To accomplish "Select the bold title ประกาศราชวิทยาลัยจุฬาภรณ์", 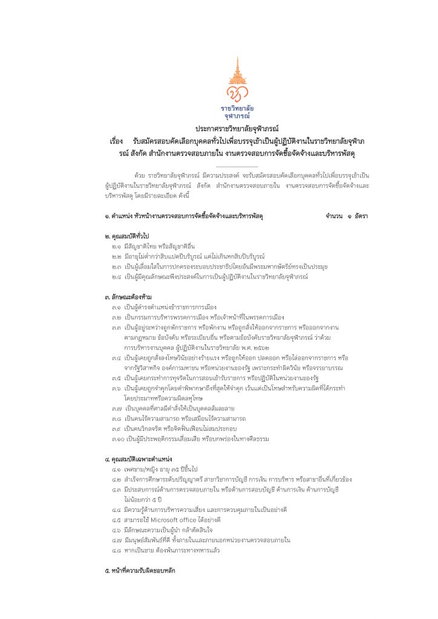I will pyautogui.click(x=237, y=129).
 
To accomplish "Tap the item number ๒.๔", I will pyautogui.click(x=117, y=276).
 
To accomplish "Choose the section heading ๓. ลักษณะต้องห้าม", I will pyautogui.click(x=128, y=297).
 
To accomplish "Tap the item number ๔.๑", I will pyautogui.click(x=117, y=470).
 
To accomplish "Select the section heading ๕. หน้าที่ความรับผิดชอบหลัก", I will pyautogui.click(x=140, y=571).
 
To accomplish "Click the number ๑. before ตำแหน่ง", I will pyautogui.click(x=107, y=216).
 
